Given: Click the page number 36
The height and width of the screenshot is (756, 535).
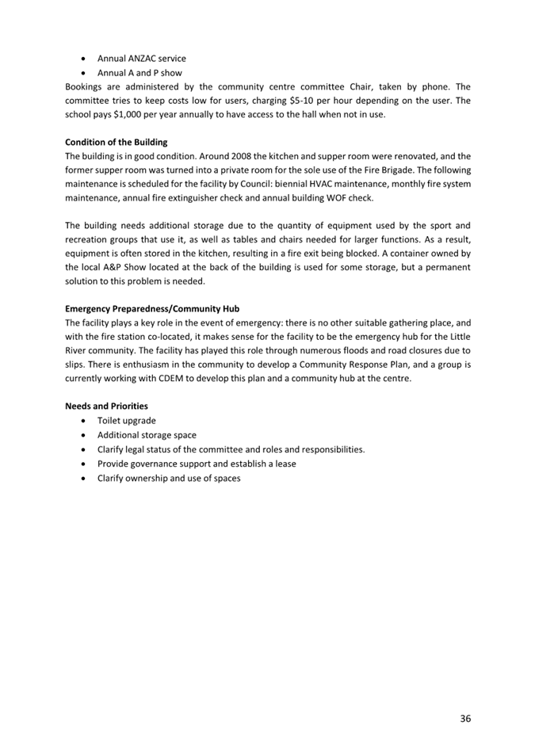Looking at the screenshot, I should (x=464, y=719).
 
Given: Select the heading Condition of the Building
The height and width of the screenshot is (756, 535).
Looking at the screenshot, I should (x=116, y=143).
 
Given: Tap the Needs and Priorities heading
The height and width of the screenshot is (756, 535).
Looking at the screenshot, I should (x=106, y=407).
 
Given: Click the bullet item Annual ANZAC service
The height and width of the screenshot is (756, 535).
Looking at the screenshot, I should (x=141, y=59).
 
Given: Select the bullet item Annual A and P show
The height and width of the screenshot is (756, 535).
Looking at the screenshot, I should (x=139, y=73).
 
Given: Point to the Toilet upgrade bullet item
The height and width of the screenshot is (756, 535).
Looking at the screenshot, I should (x=126, y=421).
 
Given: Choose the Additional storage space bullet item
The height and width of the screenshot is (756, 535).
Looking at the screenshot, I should (x=147, y=435).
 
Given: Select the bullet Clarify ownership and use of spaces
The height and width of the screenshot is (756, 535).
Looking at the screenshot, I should (x=169, y=478).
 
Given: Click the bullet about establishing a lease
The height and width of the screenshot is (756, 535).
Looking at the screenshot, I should (x=197, y=464).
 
